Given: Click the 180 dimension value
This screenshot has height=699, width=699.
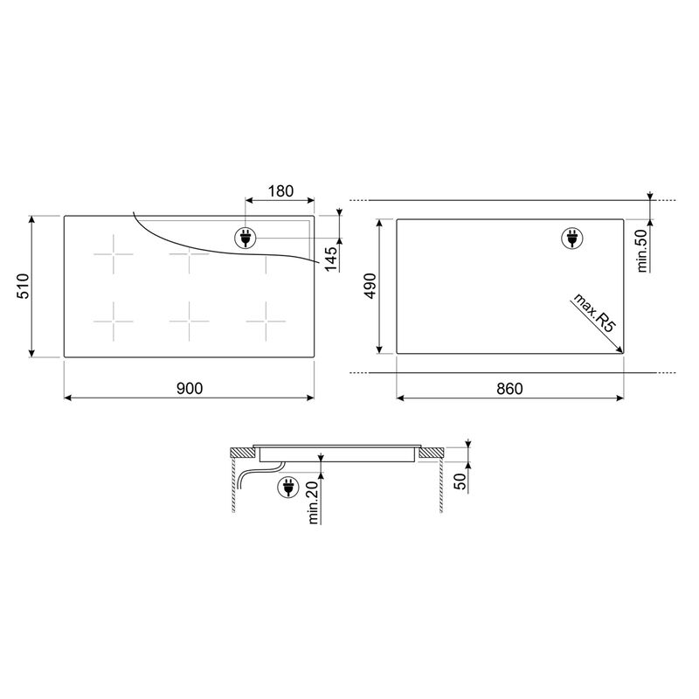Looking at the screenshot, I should (280, 191).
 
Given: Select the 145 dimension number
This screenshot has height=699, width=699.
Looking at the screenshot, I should (331, 259).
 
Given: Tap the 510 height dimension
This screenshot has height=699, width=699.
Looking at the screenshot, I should (24, 287).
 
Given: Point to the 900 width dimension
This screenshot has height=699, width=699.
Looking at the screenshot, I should (189, 390).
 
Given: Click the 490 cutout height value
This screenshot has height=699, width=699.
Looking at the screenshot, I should (370, 287).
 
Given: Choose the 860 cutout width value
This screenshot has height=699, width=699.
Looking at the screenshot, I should (509, 390).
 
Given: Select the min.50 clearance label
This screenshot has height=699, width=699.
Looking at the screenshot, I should (640, 250).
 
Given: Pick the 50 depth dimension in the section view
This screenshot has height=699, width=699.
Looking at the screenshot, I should (460, 480).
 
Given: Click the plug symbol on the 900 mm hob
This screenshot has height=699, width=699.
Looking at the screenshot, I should (246, 237).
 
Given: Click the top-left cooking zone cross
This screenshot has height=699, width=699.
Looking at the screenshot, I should (114, 257).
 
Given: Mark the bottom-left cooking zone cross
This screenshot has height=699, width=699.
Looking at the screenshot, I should (114, 323).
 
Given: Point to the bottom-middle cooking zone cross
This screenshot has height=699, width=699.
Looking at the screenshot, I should (189, 323).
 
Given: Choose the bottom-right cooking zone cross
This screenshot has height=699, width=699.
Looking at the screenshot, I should (266, 323).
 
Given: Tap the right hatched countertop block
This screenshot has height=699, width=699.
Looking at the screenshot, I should (432, 453).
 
